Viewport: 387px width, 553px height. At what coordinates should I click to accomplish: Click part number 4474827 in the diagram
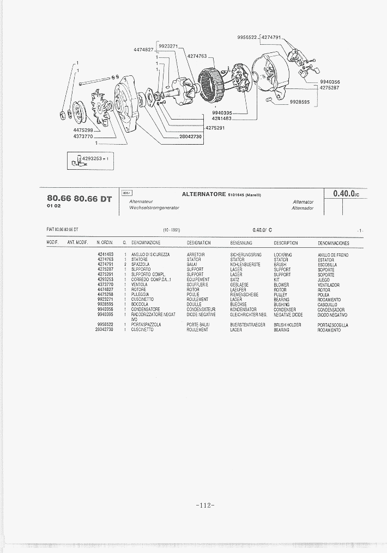click(143, 50)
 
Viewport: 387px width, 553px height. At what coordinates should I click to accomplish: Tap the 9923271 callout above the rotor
click(168, 46)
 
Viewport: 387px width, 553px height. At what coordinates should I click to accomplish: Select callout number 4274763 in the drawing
click(197, 56)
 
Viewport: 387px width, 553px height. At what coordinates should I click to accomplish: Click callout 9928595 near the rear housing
click(300, 102)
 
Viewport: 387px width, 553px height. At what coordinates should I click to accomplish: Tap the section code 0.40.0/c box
click(344, 193)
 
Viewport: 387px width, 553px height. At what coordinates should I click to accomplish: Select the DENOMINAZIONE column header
click(146, 242)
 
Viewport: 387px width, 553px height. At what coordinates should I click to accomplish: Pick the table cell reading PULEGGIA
click(140, 295)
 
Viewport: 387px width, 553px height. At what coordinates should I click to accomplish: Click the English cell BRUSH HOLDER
click(287, 325)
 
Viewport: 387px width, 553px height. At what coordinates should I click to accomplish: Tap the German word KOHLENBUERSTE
click(245, 265)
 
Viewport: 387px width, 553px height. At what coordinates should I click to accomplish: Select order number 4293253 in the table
click(105, 280)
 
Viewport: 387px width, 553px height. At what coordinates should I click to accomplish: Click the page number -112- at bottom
click(204, 505)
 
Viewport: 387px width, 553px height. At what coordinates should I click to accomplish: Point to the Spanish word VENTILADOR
click(330, 285)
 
